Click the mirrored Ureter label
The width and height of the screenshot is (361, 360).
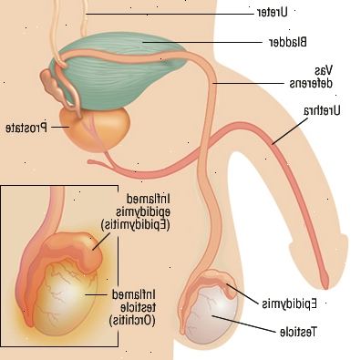click(x=271, y=12)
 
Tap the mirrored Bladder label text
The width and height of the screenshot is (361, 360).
click(x=288, y=42)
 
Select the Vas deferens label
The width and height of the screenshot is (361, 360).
click(x=311, y=77)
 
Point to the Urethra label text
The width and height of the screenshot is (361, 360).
click(x=322, y=111)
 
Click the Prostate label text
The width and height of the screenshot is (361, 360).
click(x=26, y=128)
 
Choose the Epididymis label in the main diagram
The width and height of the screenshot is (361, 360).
click(x=290, y=303)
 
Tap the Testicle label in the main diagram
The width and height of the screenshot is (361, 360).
click(x=298, y=332)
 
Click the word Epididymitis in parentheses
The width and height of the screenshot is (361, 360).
click(x=135, y=225)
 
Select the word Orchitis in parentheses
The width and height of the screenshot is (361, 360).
click(x=132, y=320)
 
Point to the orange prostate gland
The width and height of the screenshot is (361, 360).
click(x=95, y=129)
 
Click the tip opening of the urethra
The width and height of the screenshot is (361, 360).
click(x=325, y=284)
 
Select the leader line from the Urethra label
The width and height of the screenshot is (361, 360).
click(x=290, y=131)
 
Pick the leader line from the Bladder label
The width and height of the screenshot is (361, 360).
click(x=203, y=42)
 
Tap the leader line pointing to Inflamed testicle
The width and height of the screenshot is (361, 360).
click(x=97, y=294)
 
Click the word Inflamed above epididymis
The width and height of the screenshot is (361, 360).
click(x=148, y=200)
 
